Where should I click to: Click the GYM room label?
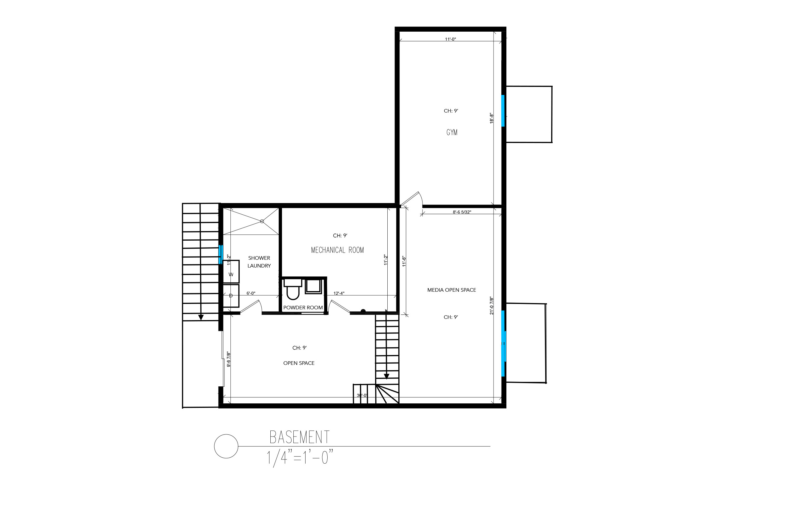tap(452, 132)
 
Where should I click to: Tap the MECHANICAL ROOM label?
tap(337, 250)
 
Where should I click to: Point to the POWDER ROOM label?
tap(303, 308)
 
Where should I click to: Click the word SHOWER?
tap(259, 258)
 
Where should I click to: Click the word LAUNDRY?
tap(259, 266)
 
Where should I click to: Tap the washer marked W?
tap(231, 272)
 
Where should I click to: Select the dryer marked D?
tap(231, 296)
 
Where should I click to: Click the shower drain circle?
tap(262, 221)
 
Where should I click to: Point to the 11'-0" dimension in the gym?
tap(450, 39)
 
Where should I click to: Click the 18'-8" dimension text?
tap(491, 118)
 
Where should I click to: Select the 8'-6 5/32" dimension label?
tap(462, 212)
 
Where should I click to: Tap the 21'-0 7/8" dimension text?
tap(491, 305)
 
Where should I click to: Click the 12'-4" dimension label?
tap(339, 293)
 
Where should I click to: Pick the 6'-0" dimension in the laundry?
tap(251, 293)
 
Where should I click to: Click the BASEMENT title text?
tap(300, 437)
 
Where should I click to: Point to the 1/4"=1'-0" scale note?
tap(300, 458)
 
